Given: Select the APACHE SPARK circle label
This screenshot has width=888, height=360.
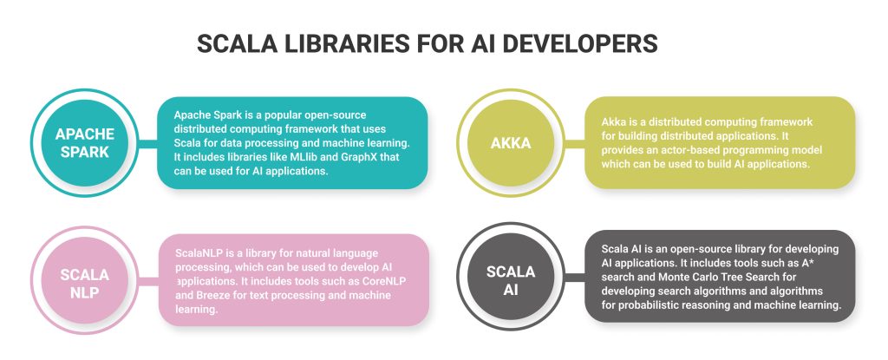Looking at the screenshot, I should pos(83,142).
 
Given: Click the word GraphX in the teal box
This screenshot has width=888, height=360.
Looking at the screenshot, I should pos(379,156).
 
